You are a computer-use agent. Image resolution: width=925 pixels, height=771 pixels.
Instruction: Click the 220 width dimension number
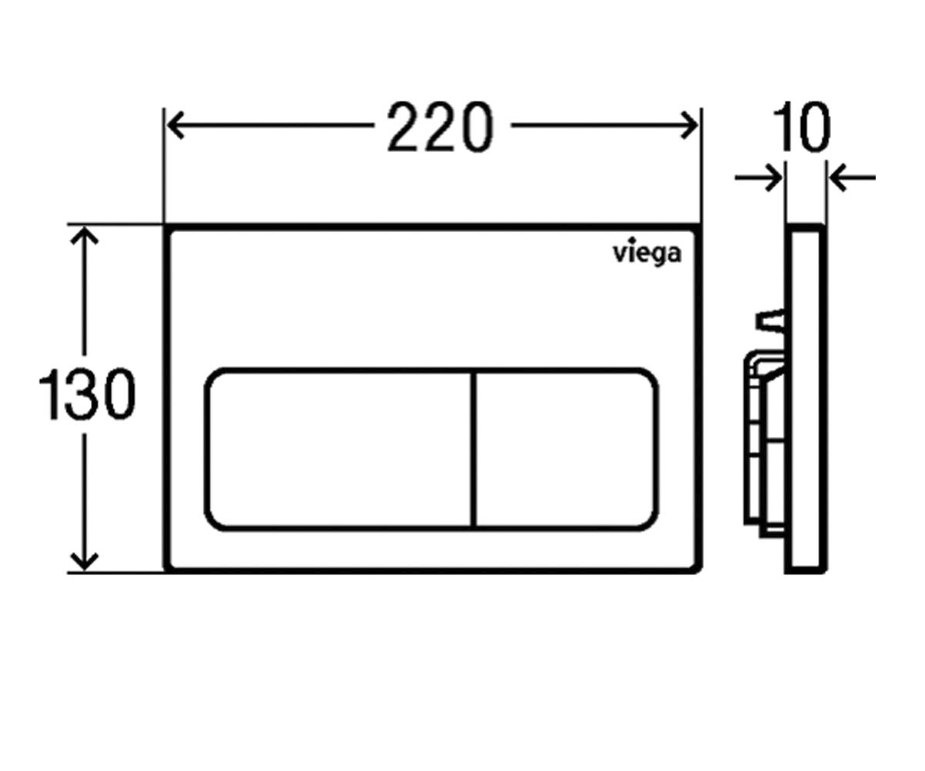tap(440, 127)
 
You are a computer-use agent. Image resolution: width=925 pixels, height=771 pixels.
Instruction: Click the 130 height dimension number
tap(87, 393)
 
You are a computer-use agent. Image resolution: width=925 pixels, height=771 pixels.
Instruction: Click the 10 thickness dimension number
tap(802, 127)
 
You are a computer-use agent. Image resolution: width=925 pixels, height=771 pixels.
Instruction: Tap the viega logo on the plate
tap(647, 254)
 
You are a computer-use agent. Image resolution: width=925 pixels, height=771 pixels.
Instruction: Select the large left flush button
tap(339, 449)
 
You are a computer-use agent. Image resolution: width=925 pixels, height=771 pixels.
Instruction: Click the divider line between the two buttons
tap(475, 449)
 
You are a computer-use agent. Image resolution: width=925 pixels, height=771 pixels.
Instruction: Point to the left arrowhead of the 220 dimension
tap(176, 126)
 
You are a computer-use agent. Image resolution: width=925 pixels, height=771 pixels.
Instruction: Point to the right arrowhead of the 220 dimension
tap(689, 126)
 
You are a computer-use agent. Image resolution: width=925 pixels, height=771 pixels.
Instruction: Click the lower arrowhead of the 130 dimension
tap(84, 561)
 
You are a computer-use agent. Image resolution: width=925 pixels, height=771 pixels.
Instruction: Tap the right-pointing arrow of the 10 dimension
tap(758, 178)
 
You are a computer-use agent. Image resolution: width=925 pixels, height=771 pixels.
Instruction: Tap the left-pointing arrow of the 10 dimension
tap(853, 178)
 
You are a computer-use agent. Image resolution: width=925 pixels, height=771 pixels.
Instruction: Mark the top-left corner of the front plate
tap(165, 225)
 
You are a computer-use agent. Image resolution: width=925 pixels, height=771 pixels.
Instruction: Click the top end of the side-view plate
tap(806, 227)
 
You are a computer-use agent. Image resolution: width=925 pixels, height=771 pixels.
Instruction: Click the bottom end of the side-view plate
tap(806, 571)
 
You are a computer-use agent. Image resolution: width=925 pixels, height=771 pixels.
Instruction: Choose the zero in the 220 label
tap(476, 128)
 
